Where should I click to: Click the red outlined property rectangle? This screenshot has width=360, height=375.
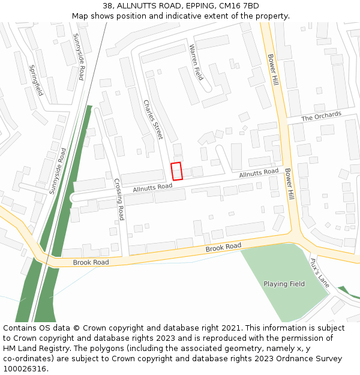176,171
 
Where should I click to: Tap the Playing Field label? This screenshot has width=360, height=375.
284,284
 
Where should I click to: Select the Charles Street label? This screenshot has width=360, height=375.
152,119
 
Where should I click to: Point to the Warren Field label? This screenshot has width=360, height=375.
196,62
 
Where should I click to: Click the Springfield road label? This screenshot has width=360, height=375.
36,80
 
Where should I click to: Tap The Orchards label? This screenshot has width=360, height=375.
321,116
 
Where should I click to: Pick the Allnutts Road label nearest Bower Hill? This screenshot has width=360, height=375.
259,173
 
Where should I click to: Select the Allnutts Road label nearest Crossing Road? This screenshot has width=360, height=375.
152,187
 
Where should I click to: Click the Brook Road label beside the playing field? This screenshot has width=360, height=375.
223,247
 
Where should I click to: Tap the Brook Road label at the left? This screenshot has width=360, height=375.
91,262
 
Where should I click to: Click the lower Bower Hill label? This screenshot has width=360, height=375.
290,184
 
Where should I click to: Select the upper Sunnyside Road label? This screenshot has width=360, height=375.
78,57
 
